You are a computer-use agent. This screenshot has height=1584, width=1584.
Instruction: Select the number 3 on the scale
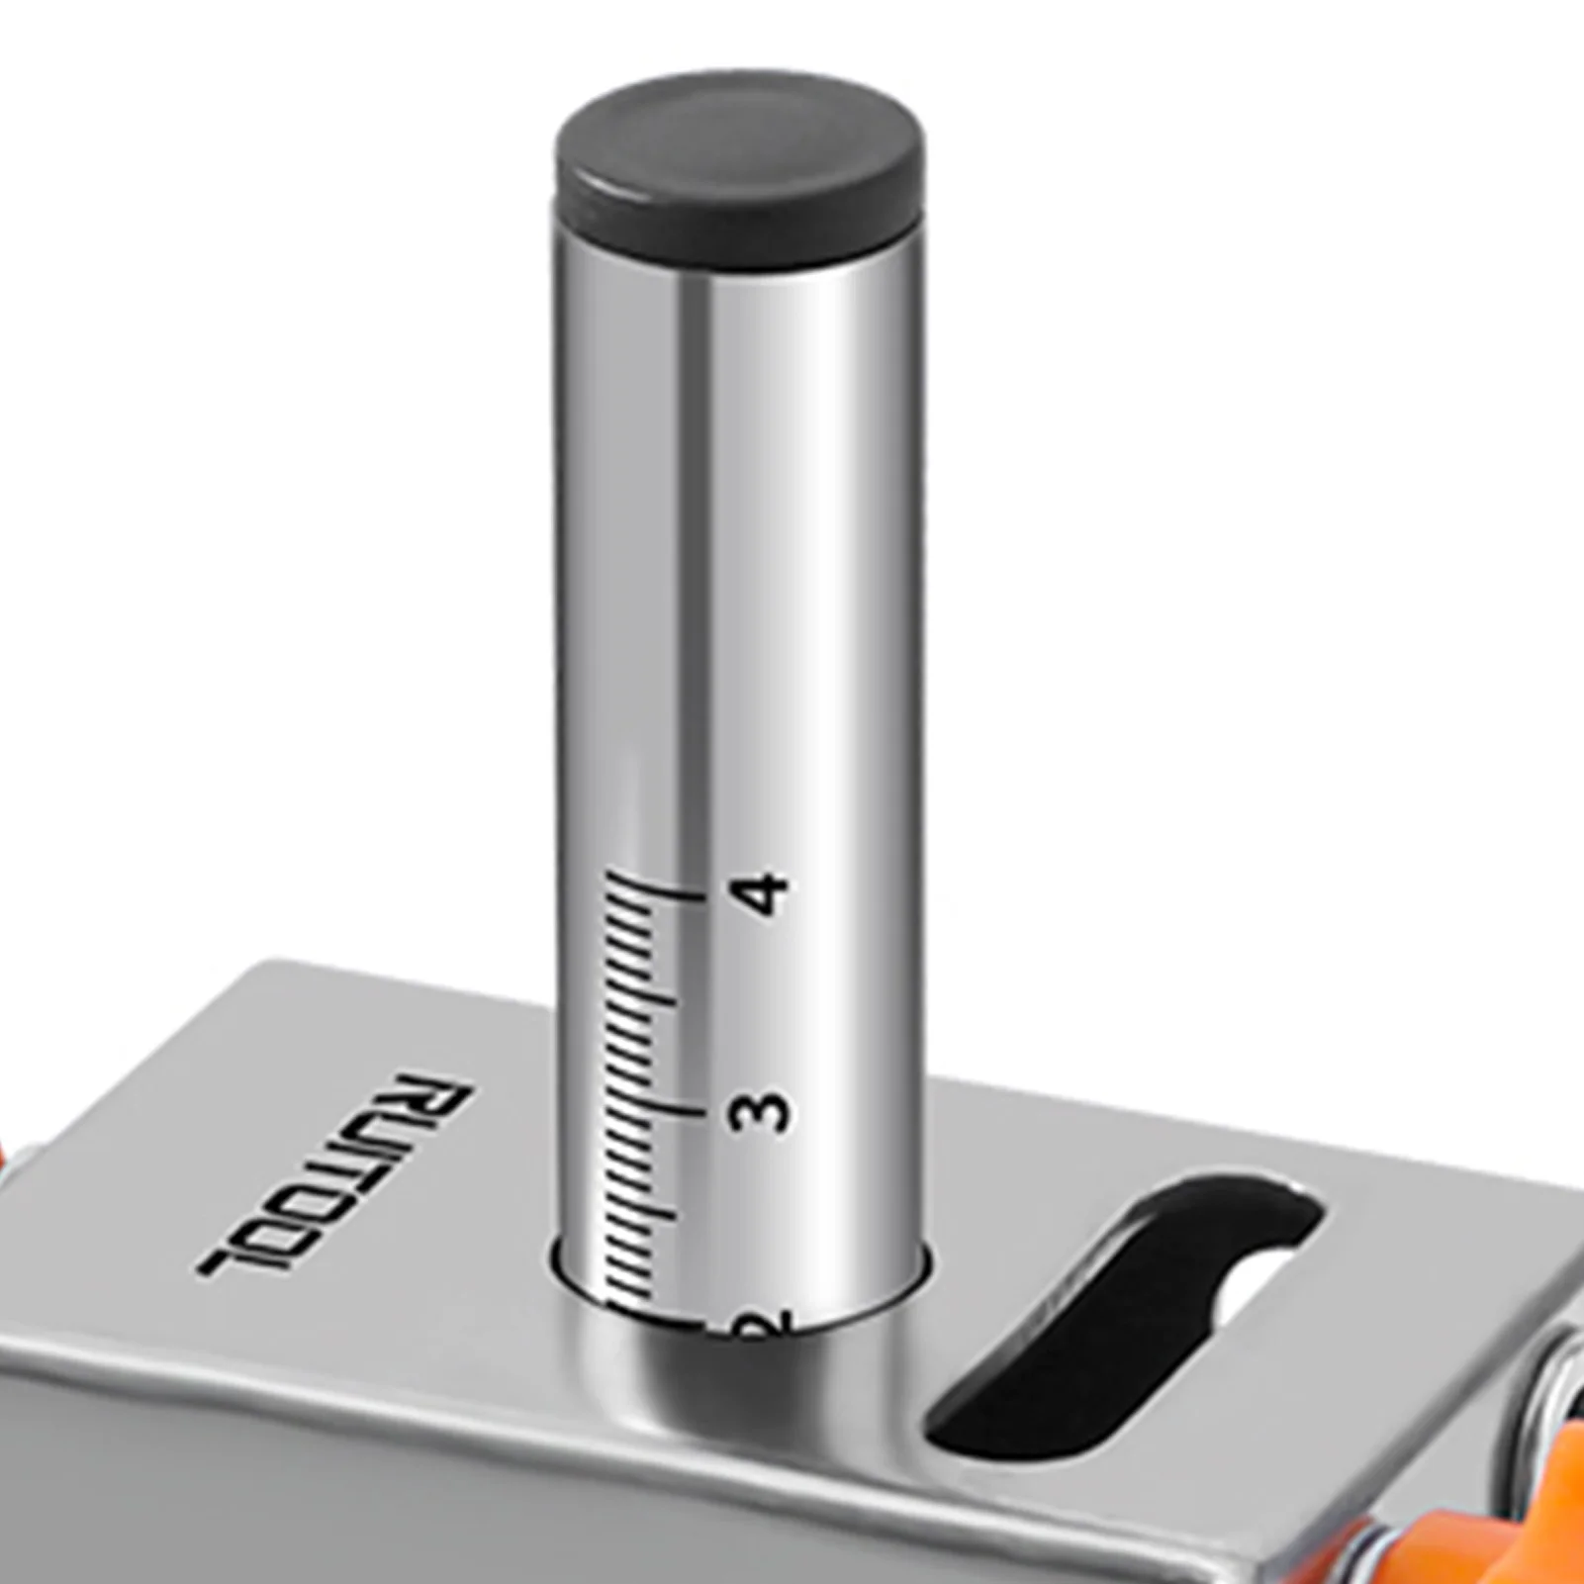coord(762,1114)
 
